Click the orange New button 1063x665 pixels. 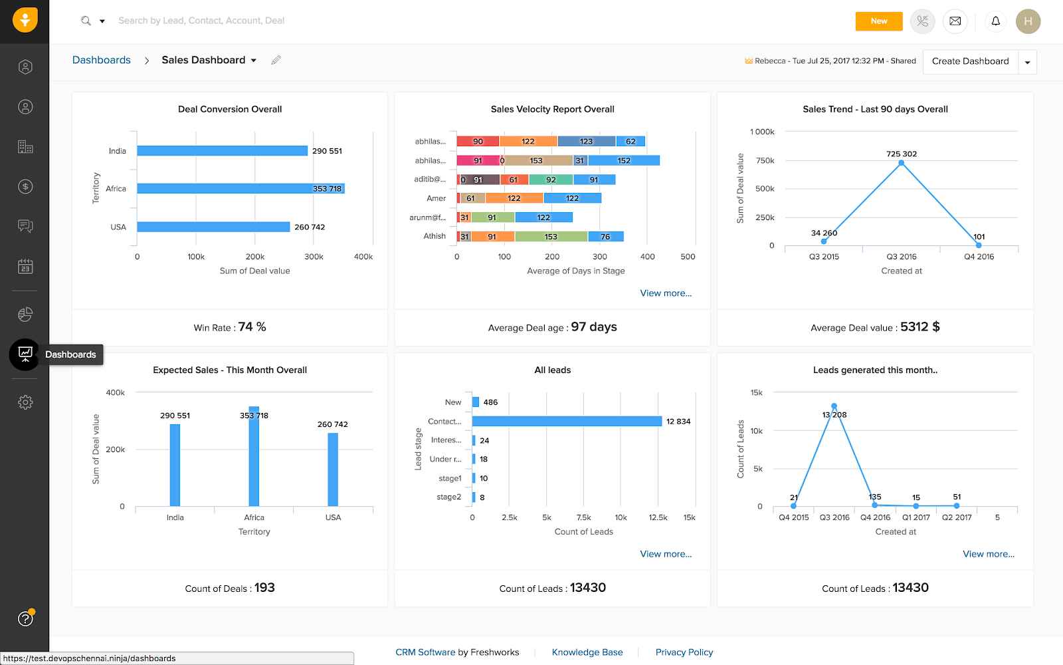click(x=878, y=21)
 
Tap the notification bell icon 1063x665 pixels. click(x=995, y=21)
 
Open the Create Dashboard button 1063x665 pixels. click(x=970, y=61)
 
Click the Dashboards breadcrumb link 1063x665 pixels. click(x=101, y=60)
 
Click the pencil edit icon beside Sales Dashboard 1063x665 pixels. click(x=276, y=60)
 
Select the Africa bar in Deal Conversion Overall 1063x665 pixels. click(x=241, y=189)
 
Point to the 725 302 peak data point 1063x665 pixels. click(x=902, y=163)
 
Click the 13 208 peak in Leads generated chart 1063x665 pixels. click(x=834, y=406)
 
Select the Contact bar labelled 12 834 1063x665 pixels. click(x=567, y=421)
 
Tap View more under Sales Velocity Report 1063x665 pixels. click(x=666, y=293)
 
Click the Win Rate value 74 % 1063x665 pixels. click(x=252, y=327)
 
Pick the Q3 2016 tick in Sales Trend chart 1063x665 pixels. click(x=901, y=257)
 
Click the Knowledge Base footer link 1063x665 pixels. click(x=587, y=652)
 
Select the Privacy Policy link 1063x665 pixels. click(x=684, y=652)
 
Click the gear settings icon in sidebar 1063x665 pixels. click(x=25, y=402)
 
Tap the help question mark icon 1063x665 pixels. click(x=25, y=618)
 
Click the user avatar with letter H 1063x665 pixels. click(x=1028, y=21)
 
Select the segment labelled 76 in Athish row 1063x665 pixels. click(x=605, y=236)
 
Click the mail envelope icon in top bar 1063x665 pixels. click(x=955, y=21)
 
